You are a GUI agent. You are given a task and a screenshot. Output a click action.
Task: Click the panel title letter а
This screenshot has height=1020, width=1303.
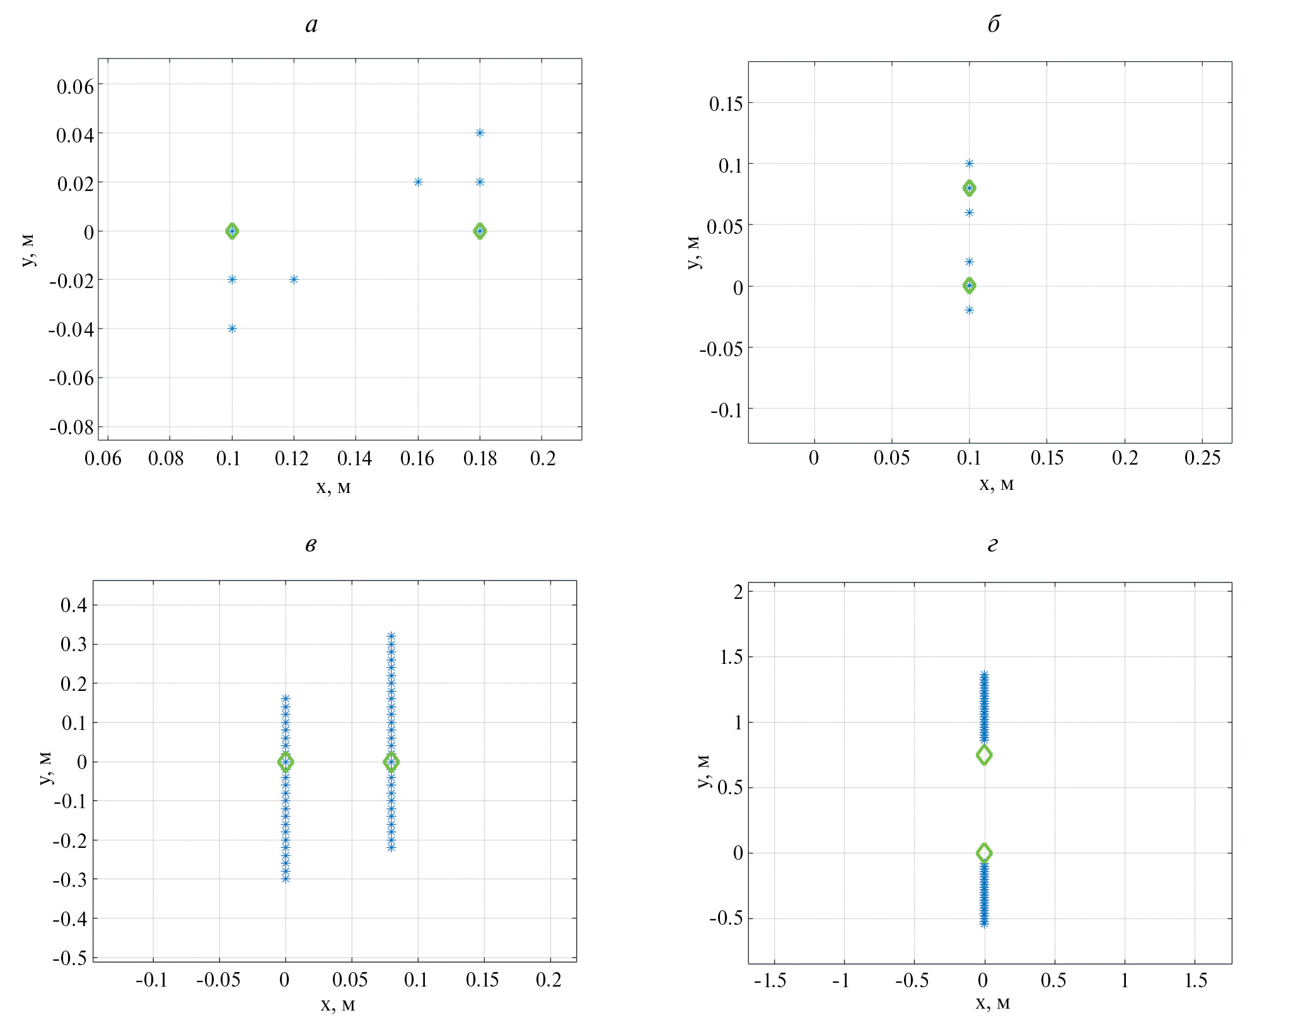point(311,25)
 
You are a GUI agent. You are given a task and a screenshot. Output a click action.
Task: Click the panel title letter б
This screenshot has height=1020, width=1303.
point(993,25)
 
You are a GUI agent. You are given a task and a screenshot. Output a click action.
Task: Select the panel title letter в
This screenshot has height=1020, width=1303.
point(311,545)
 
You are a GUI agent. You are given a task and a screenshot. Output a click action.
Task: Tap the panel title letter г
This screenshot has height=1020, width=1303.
point(992,545)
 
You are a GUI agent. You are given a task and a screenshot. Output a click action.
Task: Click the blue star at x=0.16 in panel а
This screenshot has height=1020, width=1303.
point(418,182)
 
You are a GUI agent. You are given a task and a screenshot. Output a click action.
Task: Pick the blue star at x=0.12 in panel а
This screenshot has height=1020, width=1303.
point(294,279)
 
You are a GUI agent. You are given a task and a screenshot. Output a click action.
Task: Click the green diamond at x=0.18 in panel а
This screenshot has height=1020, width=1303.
point(480,231)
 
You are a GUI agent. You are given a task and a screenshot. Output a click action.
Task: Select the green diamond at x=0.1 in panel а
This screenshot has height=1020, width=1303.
point(232,231)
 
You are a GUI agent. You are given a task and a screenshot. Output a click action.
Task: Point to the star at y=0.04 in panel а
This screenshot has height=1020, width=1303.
point(480,133)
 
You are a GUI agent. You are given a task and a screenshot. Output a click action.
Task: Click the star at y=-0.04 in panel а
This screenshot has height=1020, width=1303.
point(232,328)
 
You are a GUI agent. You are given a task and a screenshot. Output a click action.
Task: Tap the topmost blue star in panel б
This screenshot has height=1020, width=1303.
point(970,164)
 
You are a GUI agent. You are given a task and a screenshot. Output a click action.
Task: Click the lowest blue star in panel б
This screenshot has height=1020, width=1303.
point(970,310)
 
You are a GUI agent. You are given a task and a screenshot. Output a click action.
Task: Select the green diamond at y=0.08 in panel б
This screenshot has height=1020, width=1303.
point(970,188)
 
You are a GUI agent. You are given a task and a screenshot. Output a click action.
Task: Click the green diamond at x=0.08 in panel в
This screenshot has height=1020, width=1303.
point(391,762)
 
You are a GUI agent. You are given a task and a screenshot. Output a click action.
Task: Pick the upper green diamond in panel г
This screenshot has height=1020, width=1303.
point(984,755)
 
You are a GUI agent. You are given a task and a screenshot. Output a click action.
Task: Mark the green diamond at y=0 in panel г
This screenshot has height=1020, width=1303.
point(984,853)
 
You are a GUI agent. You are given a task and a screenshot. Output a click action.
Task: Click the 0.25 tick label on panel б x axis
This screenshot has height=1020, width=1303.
point(1202,458)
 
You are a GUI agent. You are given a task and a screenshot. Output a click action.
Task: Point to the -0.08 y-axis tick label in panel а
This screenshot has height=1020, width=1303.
point(72,428)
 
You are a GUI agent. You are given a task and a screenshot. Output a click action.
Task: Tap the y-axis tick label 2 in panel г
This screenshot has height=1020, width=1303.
point(738,592)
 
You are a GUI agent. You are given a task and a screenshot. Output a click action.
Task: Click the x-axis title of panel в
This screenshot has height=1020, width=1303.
point(337,1005)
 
